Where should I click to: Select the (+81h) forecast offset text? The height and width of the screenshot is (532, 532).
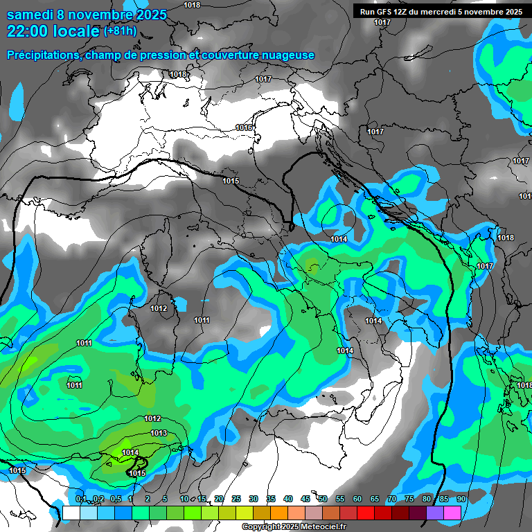(121, 31)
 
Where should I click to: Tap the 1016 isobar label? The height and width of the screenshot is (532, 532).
(244, 127)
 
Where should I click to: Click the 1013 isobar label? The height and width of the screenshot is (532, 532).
(159, 433)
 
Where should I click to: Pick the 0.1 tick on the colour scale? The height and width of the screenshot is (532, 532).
(80, 499)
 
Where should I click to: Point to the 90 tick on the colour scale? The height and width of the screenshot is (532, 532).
(461, 499)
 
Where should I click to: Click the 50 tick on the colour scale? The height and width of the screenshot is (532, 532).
(323, 499)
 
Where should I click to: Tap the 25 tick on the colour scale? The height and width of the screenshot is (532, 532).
(236, 499)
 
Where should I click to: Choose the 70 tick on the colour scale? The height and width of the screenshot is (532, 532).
(392, 499)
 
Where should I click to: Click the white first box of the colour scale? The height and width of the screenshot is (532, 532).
(71, 513)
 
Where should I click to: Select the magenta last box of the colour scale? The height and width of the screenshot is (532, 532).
(452, 513)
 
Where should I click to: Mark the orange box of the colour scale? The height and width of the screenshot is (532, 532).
(279, 513)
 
